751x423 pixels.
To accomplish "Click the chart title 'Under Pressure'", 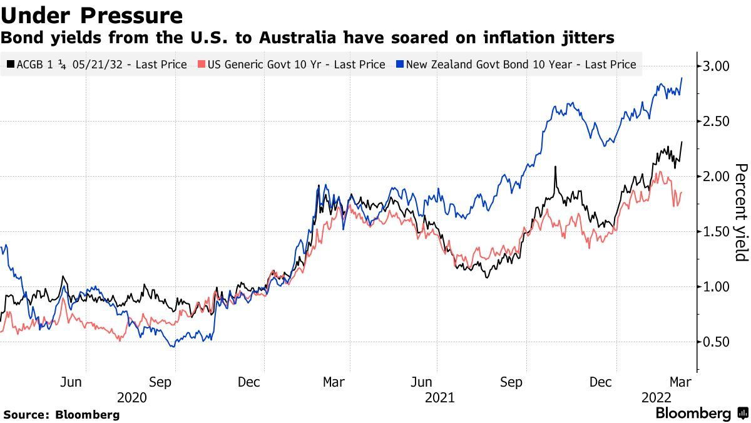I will coord(92,15).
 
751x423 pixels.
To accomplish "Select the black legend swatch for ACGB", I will coord(11,64).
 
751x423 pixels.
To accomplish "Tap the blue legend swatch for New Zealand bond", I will coord(401,64).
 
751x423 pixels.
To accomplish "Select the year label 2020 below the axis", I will coord(131,397).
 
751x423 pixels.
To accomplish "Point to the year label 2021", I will coord(439,397).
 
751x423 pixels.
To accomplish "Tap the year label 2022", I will coord(656,397).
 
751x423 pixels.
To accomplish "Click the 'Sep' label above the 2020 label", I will coord(161,382).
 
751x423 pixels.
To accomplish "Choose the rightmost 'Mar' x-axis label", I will coord(681,382).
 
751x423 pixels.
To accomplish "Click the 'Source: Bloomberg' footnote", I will coord(61,415).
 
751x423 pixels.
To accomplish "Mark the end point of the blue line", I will coord(682,78).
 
